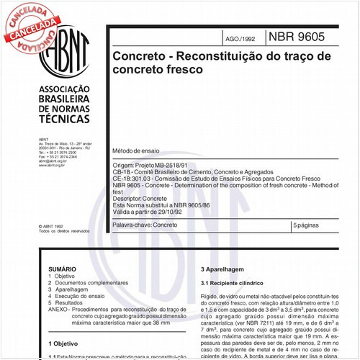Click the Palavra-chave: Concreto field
[145, 225]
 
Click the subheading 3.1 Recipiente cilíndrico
[234, 284]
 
